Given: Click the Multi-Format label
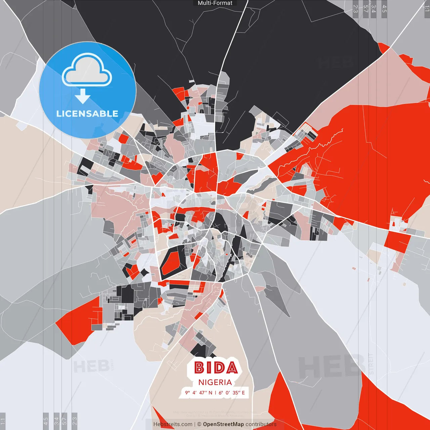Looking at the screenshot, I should (x=215, y=3).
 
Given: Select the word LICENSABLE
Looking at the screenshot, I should (x=87, y=114).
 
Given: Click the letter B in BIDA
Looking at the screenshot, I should (x=199, y=368).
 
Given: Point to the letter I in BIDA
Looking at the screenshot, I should (x=209, y=368).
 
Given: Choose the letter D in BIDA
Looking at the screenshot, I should (x=218, y=368).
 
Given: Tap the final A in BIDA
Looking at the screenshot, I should (x=231, y=368).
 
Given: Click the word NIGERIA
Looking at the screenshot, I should (x=215, y=382).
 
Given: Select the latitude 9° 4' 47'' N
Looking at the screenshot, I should (x=199, y=392).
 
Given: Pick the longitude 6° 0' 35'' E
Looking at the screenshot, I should (x=232, y=392).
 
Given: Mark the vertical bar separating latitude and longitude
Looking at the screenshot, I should (x=215, y=392).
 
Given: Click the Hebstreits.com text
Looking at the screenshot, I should (x=173, y=424).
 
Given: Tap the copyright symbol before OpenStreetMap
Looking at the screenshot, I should (x=199, y=424).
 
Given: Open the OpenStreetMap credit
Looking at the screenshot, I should (x=223, y=424).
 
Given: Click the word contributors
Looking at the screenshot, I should (x=261, y=424).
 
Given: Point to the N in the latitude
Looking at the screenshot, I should (x=210, y=392).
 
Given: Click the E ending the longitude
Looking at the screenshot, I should (x=243, y=392).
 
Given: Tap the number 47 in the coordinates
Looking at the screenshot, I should (x=202, y=392).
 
